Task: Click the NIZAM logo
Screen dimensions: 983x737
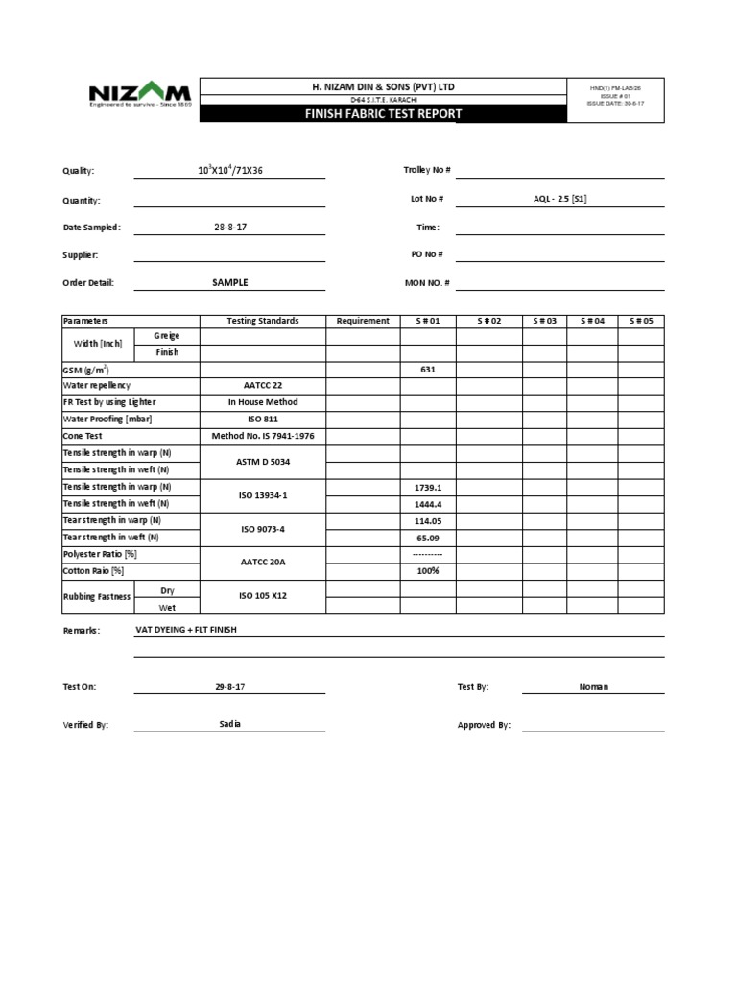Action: click(140, 96)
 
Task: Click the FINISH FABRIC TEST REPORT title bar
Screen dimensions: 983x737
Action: click(383, 114)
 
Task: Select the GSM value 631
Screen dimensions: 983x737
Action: click(428, 369)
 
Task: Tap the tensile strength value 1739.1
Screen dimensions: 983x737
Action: click(428, 487)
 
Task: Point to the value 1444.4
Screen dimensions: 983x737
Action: click(428, 503)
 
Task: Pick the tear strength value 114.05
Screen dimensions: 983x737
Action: click(428, 520)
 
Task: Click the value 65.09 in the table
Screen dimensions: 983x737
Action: click(428, 538)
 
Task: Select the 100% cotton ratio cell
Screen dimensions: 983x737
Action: click(428, 571)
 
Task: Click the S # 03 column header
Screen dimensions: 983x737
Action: click(544, 321)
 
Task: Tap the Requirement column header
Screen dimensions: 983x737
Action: click(363, 321)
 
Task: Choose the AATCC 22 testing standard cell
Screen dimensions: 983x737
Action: click(262, 385)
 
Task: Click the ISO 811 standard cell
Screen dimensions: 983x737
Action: click(262, 420)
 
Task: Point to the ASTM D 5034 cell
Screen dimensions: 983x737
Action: click(262, 462)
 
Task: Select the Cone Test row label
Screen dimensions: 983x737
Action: click(83, 436)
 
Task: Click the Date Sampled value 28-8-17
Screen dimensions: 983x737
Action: click(230, 228)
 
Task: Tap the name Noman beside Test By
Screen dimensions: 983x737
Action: click(593, 687)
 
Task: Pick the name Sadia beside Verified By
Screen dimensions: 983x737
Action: click(230, 724)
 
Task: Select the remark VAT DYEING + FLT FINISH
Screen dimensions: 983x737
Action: click(186, 630)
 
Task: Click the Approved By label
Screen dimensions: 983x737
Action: click(484, 726)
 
